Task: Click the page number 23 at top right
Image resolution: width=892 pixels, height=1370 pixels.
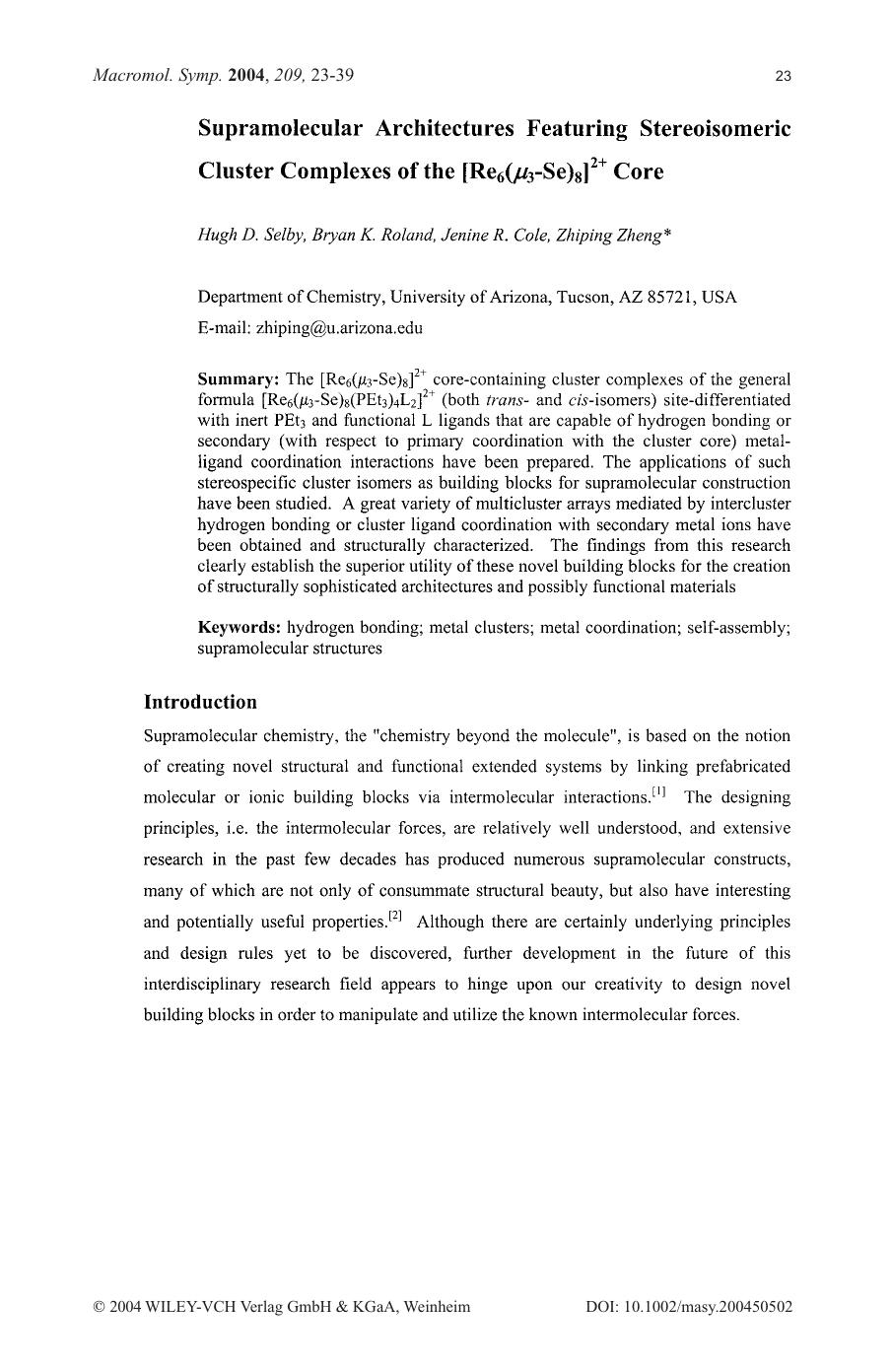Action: coord(784,76)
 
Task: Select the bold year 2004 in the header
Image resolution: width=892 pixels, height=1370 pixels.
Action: coord(246,75)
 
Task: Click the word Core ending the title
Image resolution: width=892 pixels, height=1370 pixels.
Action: coord(639,171)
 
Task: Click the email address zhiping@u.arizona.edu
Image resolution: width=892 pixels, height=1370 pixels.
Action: coord(339,328)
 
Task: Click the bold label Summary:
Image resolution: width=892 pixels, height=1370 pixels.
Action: coord(240,379)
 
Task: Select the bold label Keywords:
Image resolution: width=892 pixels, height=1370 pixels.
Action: coord(240,627)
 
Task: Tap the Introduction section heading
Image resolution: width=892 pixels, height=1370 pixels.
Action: coord(200,702)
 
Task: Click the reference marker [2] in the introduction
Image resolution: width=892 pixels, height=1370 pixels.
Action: coord(395,917)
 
